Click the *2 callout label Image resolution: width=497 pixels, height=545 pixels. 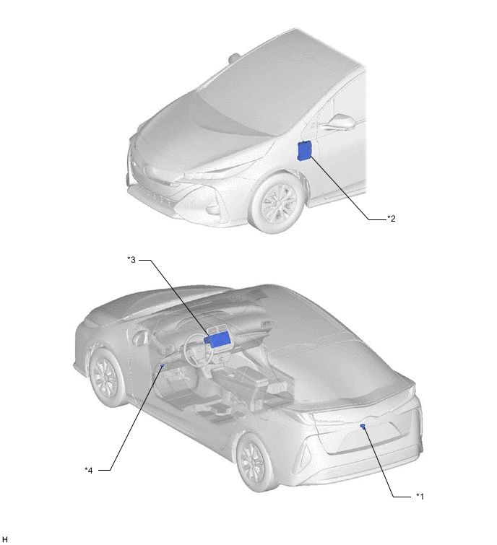(x=392, y=219)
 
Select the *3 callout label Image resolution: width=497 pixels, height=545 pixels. (x=131, y=260)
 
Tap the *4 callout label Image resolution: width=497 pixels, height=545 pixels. (x=89, y=470)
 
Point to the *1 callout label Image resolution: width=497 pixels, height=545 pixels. (x=420, y=497)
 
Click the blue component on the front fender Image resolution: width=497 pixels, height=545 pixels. (x=305, y=151)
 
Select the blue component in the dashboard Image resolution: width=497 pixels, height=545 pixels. (x=218, y=339)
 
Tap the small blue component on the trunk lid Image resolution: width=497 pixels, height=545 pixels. (x=363, y=426)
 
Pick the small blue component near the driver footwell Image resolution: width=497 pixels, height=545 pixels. (x=162, y=366)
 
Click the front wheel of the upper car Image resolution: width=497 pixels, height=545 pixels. (x=277, y=204)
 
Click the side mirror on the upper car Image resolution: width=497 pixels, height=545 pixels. (x=338, y=122)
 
